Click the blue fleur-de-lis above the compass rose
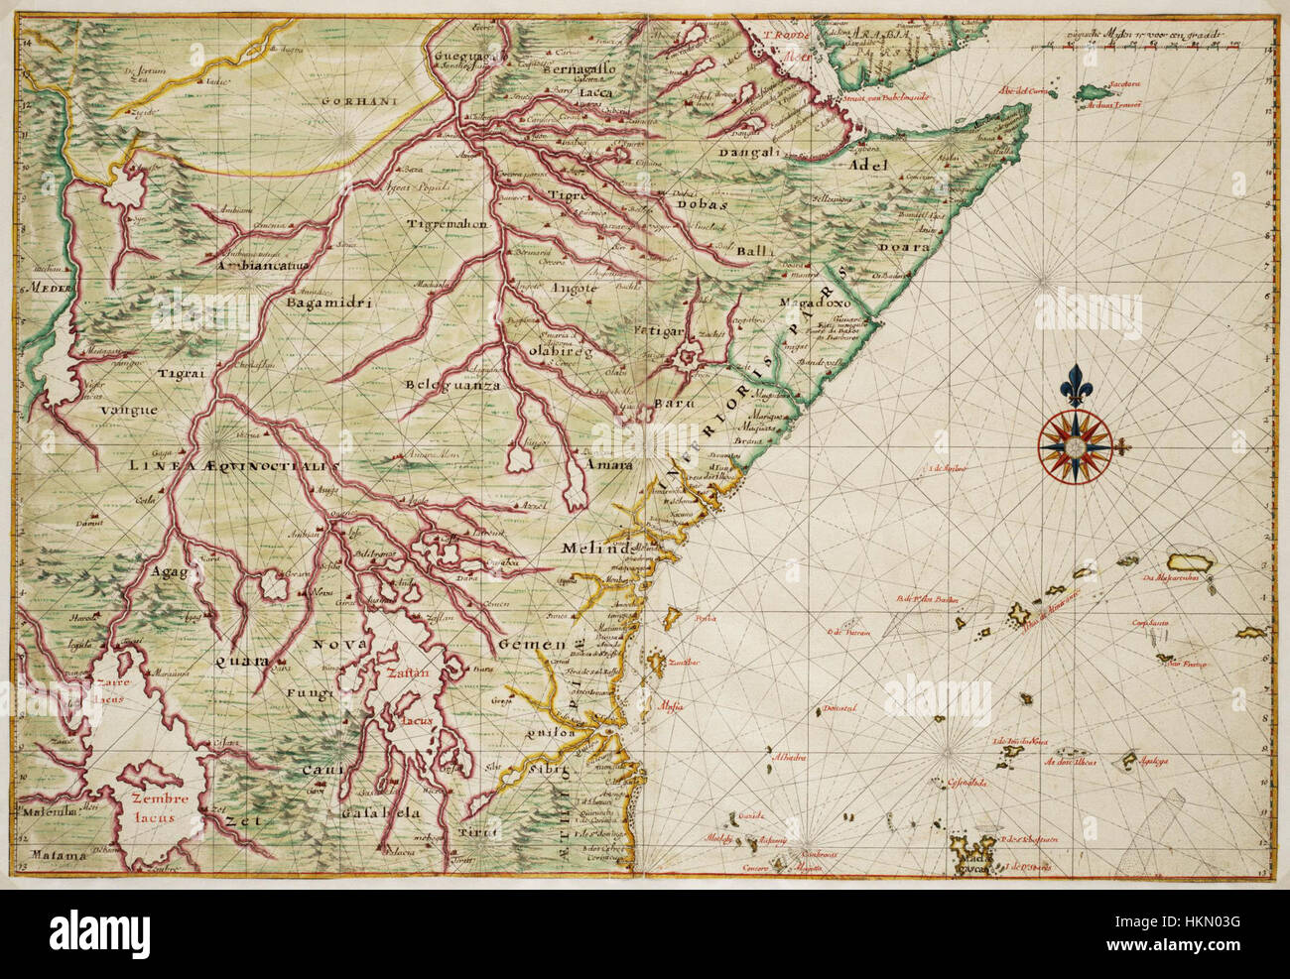tap(1074, 385)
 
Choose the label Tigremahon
tap(447, 224)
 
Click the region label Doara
tap(904, 248)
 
